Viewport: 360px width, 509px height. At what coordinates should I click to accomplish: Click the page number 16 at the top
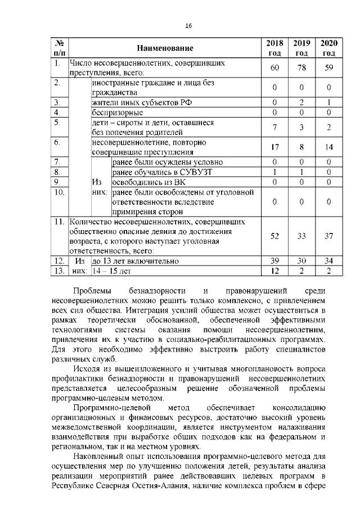point(189,26)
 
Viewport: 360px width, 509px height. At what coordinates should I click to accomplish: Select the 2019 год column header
point(301,48)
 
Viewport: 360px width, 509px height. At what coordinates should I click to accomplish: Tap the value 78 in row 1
point(301,68)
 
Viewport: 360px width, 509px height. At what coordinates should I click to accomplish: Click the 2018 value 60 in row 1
point(274,68)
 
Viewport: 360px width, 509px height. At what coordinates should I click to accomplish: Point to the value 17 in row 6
point(274,147)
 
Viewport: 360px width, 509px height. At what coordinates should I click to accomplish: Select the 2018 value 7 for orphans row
point(274,127)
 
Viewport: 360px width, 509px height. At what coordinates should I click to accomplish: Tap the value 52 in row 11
point(274,236)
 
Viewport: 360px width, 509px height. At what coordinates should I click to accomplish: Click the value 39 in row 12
point(274,261)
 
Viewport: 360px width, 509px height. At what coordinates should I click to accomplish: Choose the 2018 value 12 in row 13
point(274,271)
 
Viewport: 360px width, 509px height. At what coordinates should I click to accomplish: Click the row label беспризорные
point(113,112)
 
